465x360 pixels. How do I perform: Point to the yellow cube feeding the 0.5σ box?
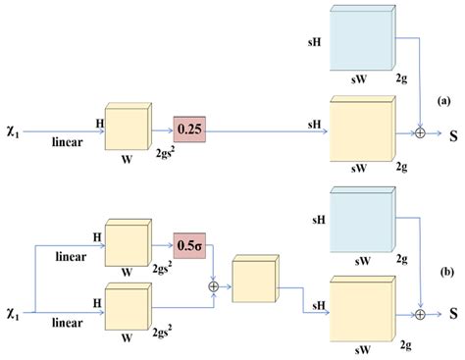click(126, 243)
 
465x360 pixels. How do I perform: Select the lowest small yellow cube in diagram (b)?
click(126, 310)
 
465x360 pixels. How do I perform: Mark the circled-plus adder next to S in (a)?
click(420, 131)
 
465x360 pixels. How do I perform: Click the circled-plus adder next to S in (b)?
click(420, 314)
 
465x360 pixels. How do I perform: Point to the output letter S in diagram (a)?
click(453, 131)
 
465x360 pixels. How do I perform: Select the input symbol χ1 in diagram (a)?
click(14, 129)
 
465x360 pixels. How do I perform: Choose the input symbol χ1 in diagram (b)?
click(14, 311)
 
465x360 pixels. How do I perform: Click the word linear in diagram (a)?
click(67, 142)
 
